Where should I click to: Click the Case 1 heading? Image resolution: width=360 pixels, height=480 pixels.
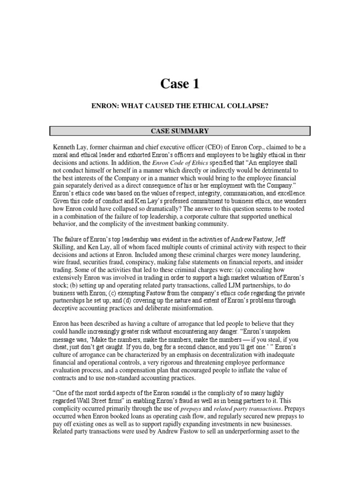pos(180,84)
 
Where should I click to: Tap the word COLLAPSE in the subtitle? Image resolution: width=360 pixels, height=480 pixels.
pos(247,107)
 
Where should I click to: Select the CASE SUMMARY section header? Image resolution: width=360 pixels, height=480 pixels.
pos(180,131)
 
